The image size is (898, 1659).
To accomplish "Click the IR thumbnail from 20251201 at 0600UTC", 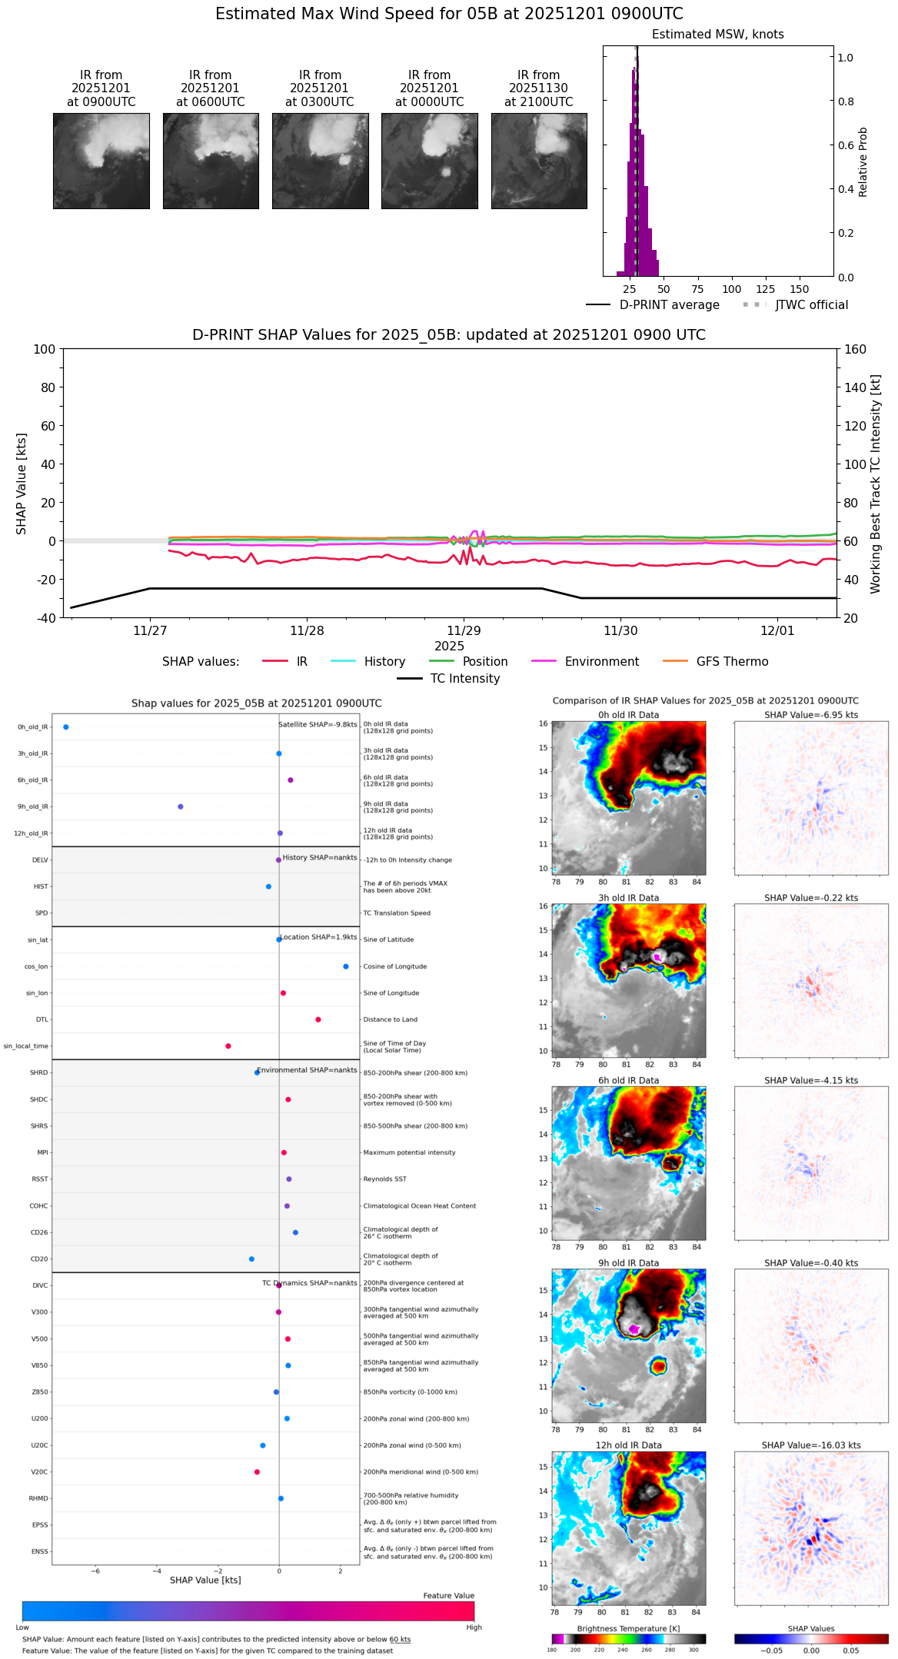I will [x=211, y=161].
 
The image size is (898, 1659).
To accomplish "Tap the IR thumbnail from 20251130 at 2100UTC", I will [x=539, y=161].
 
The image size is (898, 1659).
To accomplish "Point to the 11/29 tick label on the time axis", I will [x=464, y=631].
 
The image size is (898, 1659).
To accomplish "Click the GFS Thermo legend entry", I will [x=732, y=662].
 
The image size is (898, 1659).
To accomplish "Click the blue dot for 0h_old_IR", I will [x=66, y=727].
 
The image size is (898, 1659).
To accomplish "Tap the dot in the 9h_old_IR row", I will [x=181, y=806].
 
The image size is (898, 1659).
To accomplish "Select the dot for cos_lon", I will [x=346, y=966].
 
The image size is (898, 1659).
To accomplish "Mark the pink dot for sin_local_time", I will [x=228, y=1046].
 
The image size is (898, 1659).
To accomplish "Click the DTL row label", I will [x=42, y=1019].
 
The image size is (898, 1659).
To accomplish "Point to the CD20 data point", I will [x=251, y=1259].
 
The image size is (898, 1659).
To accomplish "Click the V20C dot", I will [x=257, y=1472].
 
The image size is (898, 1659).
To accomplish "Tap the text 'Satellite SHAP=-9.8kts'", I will [x=318, y=724].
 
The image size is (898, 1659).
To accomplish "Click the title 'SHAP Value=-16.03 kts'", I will [x=811, y=1445].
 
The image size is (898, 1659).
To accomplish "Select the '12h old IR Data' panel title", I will [x=628, y=1445].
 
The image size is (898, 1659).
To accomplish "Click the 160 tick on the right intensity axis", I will [x=856, y=349].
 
